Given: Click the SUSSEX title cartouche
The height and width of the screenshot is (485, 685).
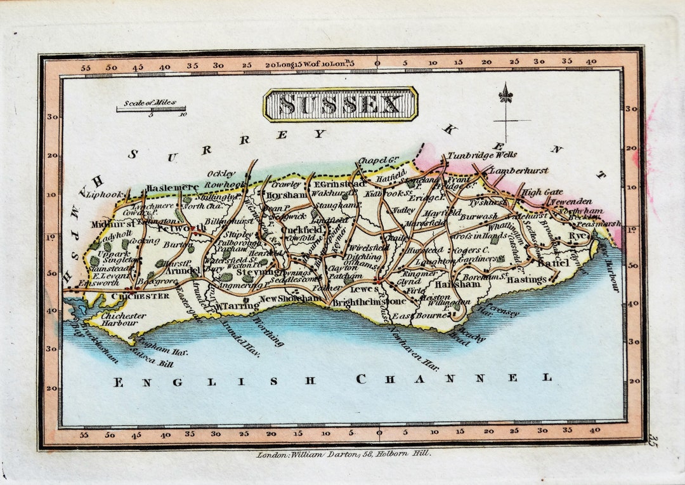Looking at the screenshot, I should tap(341, 104).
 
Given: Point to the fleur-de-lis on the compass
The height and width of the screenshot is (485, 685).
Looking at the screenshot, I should tap(506, 94).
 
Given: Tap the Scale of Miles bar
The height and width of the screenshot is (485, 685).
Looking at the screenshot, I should tap(151, 109).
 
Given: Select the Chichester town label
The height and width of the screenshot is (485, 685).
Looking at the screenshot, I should tap(140, 296).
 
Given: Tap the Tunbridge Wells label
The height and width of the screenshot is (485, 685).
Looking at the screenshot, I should tap(482, 155).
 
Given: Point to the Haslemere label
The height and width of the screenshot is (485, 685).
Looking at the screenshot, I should tap(172, 188).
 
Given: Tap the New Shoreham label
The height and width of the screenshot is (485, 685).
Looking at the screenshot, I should tap(291, 298).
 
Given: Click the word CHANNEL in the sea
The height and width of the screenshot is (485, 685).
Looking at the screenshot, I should tap(453, 379).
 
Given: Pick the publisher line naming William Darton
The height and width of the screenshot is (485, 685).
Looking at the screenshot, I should tap(344, 454).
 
